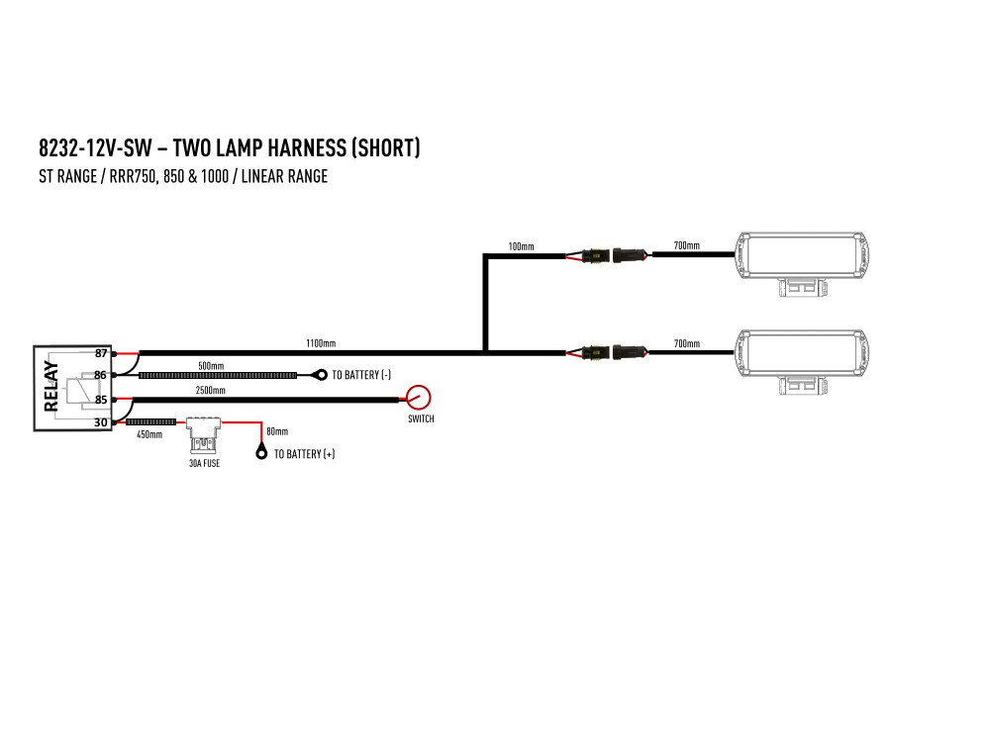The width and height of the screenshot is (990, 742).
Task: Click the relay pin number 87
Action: (101, 353)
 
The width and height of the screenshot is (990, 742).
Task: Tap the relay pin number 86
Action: (101, 375)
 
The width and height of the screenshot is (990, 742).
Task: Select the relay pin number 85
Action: (101, 400)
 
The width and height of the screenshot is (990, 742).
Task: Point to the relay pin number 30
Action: (101, 422)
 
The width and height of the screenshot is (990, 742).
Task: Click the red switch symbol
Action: (420, 398)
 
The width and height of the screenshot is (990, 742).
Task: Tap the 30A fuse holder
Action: (204, 434)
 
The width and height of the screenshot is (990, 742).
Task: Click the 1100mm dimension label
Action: (321, 343)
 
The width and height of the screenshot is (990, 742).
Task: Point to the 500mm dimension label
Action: (211, 366)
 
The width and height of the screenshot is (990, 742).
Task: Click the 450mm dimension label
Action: (149, 434)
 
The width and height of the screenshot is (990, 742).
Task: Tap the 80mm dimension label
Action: (277, 431)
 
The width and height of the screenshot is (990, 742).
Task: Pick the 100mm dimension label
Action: (521, 245)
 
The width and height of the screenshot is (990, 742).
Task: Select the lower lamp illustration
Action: (806, 355)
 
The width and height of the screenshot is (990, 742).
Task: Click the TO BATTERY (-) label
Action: (362, 375)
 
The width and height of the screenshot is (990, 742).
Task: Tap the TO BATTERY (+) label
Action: (304, 454)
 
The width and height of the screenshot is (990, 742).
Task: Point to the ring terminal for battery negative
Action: (321, 375)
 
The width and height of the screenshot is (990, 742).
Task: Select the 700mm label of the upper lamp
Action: (686, 245)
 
